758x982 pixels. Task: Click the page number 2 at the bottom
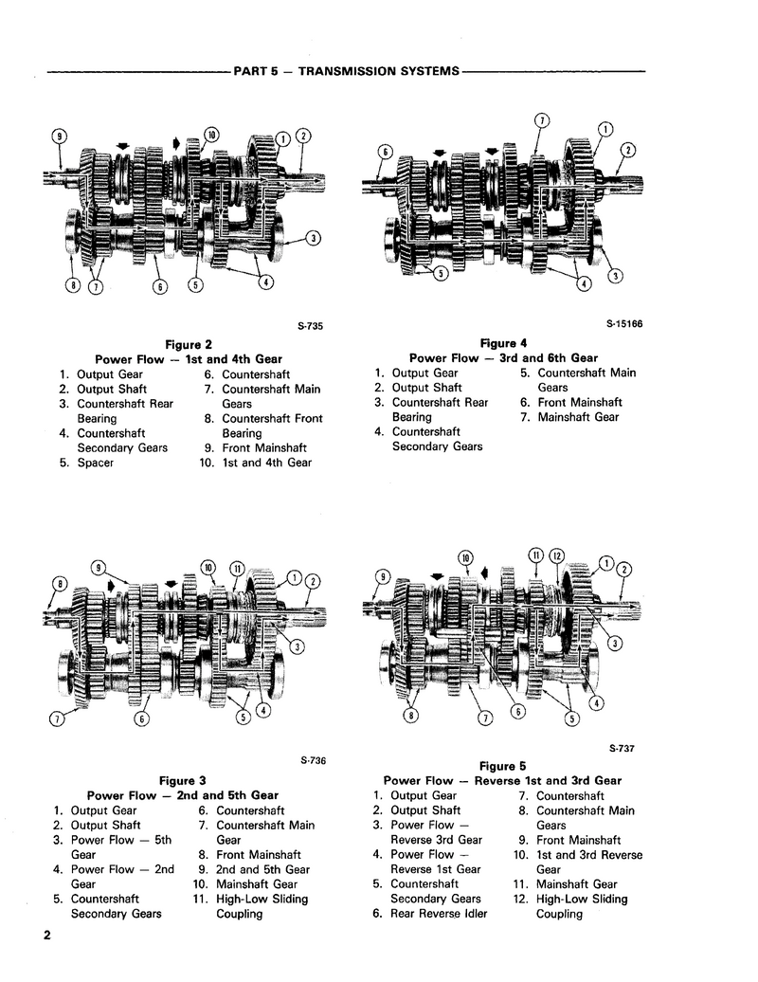45,937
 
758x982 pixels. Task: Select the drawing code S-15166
624,323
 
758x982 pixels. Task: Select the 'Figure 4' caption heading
503,343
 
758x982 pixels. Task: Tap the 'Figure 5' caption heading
502,766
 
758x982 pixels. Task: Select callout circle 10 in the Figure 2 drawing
210,135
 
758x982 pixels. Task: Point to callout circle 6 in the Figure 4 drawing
385,152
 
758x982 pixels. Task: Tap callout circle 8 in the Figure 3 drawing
60,583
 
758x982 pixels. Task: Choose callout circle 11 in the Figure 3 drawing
237,570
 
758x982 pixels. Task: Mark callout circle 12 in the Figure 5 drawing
557,555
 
